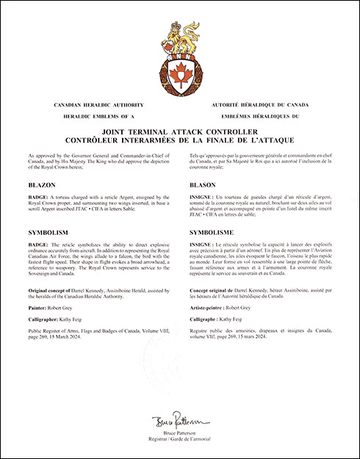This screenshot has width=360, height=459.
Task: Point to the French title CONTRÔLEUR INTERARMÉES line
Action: (x=179, y=139)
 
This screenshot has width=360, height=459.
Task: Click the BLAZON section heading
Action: (x=40, y=185)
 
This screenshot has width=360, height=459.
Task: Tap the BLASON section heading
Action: (x=202, y=185)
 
